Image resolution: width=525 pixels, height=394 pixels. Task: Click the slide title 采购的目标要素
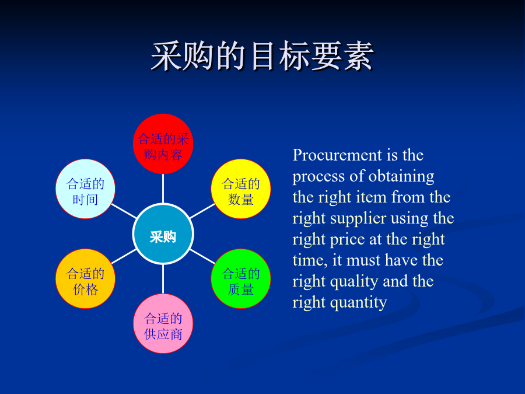coord(262,56)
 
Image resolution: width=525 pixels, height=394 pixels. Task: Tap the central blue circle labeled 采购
coord(163,234)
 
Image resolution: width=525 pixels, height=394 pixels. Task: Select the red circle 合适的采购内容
coord(163,144)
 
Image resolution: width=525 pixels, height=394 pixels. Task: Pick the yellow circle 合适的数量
coord(241,189)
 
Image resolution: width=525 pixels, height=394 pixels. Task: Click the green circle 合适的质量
coord(241,279)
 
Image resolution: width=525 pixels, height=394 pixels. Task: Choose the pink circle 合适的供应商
coord(163,323)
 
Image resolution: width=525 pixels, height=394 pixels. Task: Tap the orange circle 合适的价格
coord(85,279)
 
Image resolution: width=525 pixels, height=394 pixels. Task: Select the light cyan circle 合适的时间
coord(85,189)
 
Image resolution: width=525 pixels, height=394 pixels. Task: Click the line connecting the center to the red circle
coord(163,189)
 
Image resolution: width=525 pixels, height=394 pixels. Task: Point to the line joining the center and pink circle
coord(163,279)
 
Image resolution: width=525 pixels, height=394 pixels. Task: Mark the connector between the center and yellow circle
coord(202,211)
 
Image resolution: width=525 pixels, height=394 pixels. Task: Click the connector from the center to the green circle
coord(202,256)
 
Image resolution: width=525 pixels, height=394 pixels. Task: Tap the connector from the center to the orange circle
coord(124,256)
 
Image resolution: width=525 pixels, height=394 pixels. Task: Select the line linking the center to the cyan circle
coord(124,211)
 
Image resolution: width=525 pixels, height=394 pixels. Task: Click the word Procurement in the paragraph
coord(337,155)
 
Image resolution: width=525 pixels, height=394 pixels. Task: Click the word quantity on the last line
coord(358,303)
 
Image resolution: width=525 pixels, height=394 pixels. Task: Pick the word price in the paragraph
coord(347,240)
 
